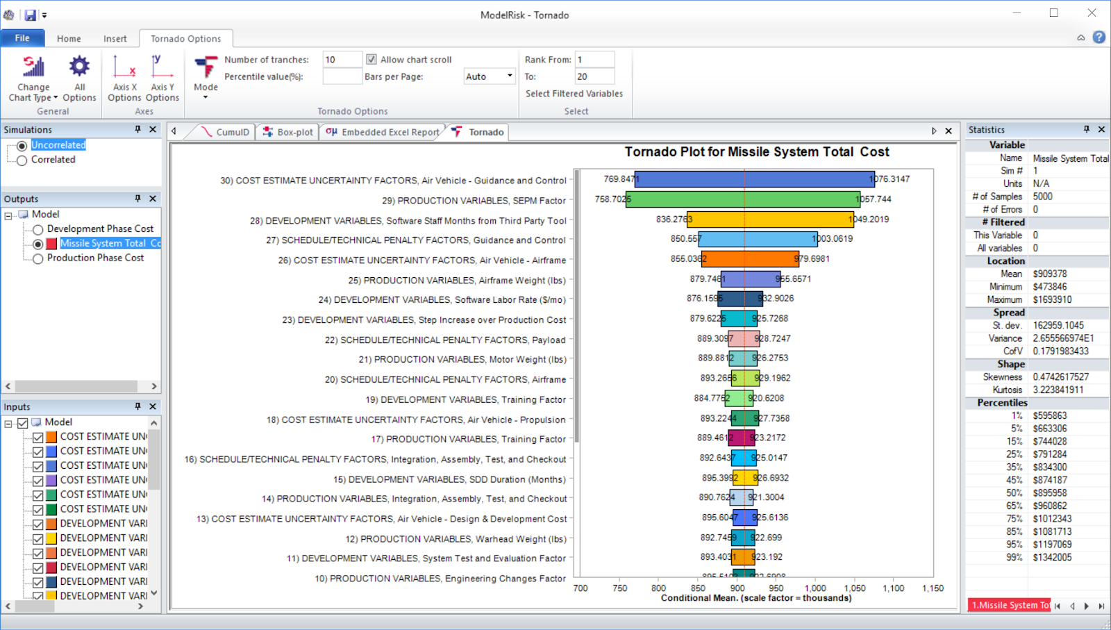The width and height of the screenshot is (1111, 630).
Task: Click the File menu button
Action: point(22,38)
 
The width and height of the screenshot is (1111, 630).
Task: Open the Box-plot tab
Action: point(288,132)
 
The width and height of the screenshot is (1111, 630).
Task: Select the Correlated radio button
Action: point(22,160)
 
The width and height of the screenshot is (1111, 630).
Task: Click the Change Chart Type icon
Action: point(33,67)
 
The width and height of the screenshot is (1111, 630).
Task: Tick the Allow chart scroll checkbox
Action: point(371,60)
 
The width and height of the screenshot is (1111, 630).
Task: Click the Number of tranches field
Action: point(342,60)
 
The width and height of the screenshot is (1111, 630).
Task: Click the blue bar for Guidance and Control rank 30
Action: point(754,179)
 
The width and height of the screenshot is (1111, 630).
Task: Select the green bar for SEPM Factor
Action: point(743,199)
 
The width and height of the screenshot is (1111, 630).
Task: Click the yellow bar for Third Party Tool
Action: point(770,219)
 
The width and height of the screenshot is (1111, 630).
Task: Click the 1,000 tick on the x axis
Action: point(815,588)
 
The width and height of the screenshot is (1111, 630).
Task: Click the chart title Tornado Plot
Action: point(756,152)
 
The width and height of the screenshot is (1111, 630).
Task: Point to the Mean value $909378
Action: point(1049,274)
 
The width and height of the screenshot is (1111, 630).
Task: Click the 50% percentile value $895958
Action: point(1049,493)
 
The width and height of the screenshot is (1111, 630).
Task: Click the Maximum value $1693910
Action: point(1052,299)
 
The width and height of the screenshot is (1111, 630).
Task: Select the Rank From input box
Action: point(594,60)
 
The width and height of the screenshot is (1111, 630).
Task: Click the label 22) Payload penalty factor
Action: point(452,340)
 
